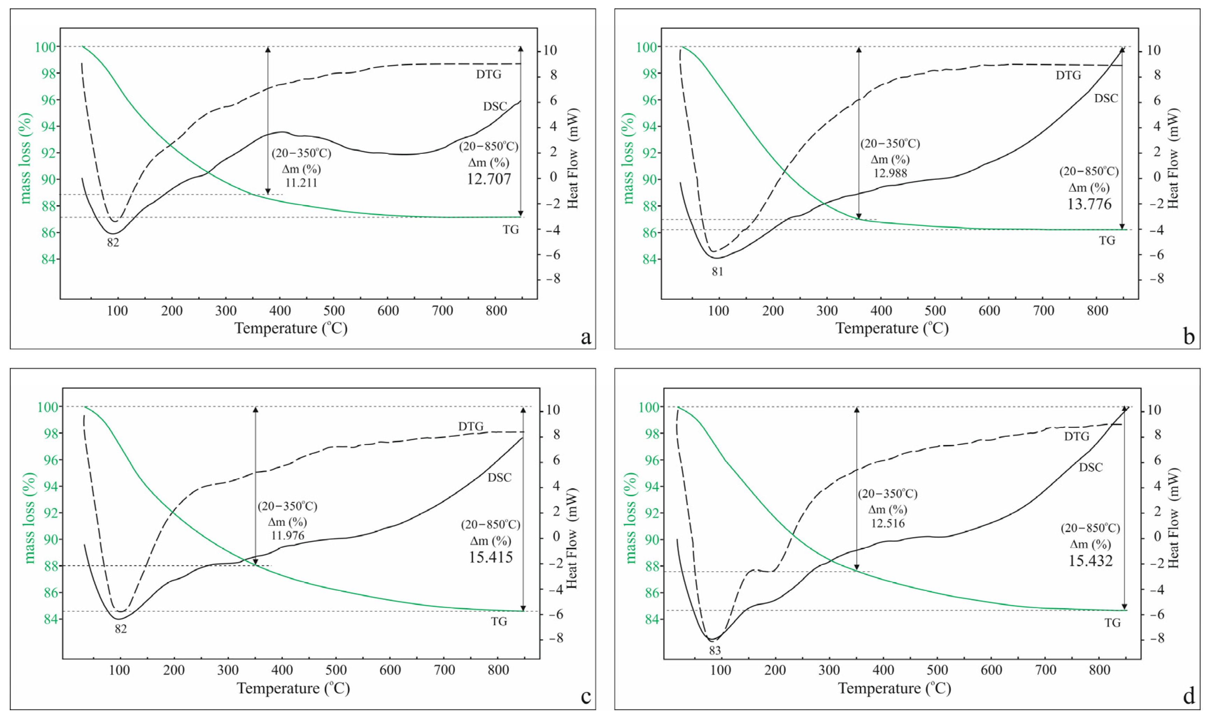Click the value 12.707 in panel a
(x=489, y=179)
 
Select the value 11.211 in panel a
(x=301, y=183)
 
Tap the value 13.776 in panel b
(x=1089, y=204)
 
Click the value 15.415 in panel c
(x=490, y=557)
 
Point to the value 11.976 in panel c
(x=288, y=536)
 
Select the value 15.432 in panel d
(x=1090, y=561)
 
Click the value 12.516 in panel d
(x=887, y=523)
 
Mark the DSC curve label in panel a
(x=495, y=106)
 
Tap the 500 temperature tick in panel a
(x=334, y=311)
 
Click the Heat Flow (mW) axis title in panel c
(x=572, y=538)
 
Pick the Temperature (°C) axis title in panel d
(x=894, y=689)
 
